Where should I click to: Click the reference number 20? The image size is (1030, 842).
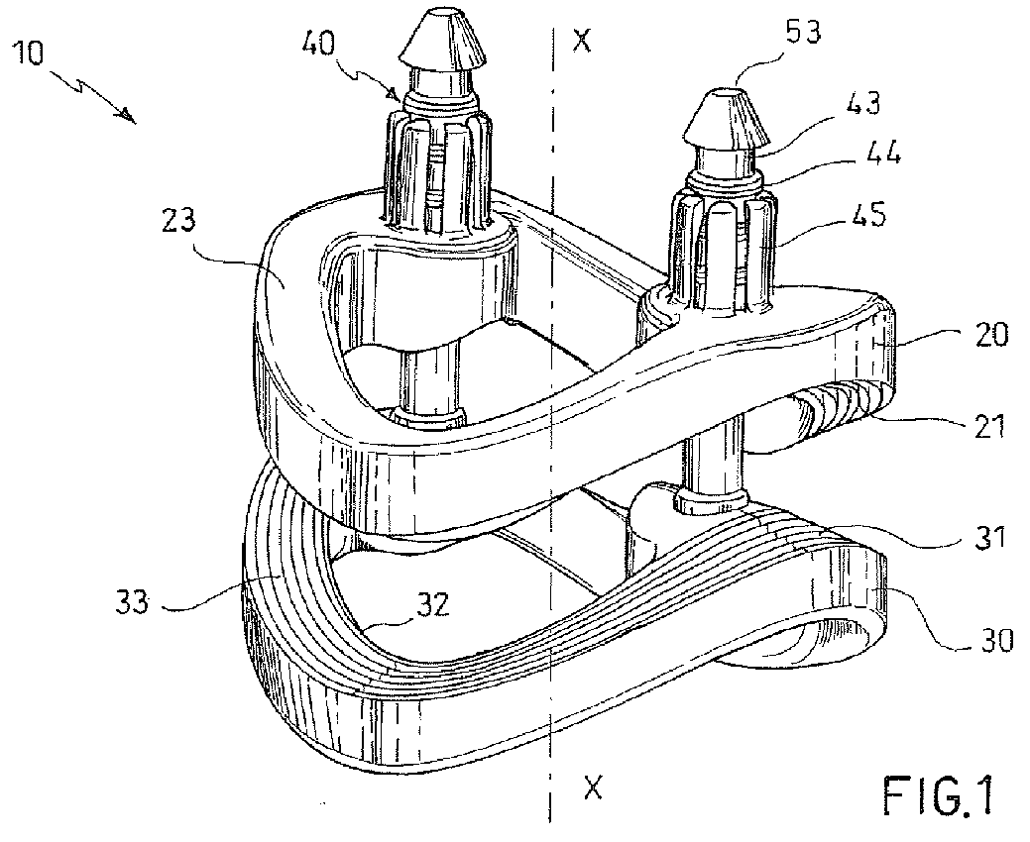987,335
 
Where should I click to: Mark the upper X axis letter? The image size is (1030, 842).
585,41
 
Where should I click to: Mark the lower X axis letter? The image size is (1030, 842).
592,789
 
